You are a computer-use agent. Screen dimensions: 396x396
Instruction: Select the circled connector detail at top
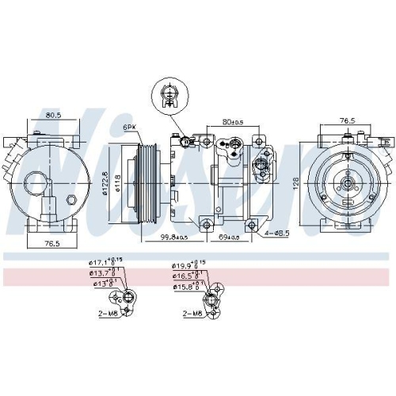click(167, 95)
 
